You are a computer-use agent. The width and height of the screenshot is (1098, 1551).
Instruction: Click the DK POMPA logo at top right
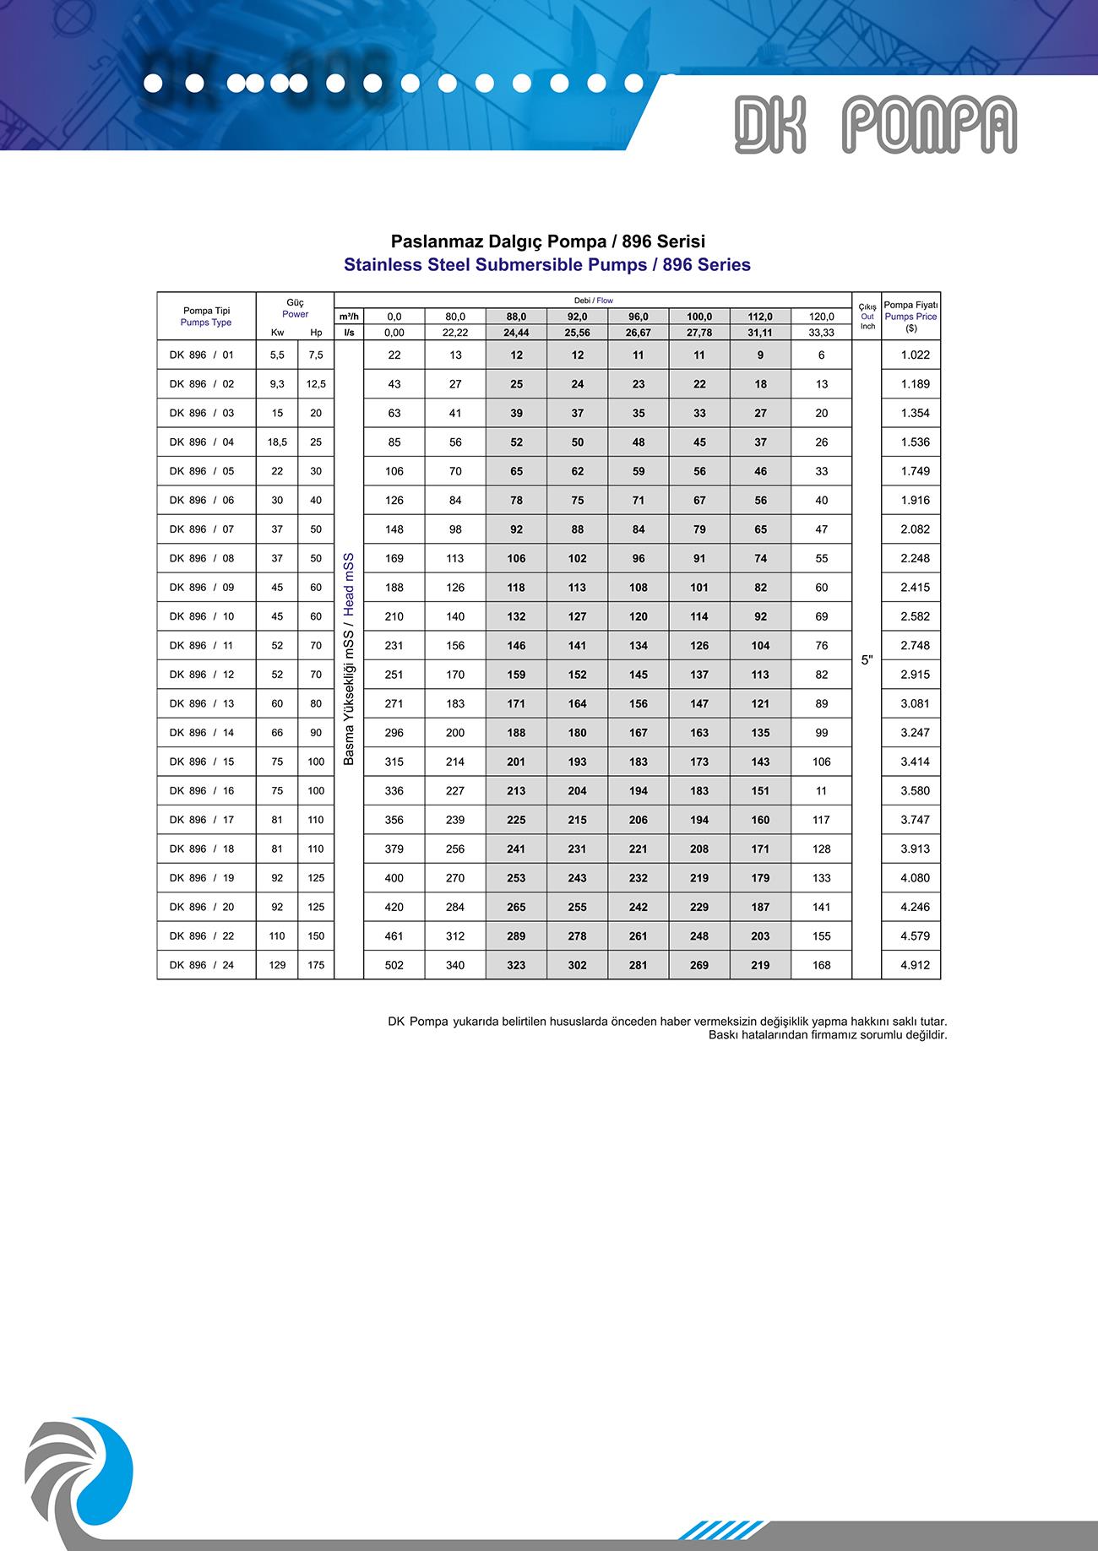[875, 125]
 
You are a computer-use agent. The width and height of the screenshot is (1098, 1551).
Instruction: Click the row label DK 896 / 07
[201, 529]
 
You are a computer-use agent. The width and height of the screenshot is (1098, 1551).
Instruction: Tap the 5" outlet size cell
[867, 660]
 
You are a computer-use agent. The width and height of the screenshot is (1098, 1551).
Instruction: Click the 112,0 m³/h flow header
[760, 317]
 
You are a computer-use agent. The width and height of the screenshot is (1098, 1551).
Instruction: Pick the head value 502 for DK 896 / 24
[394, 965]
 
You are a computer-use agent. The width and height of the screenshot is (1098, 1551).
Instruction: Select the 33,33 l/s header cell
[821, 333]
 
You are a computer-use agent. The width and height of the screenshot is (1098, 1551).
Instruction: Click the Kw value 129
[277, 965]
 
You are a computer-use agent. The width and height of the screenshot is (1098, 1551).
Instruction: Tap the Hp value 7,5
[316, 355]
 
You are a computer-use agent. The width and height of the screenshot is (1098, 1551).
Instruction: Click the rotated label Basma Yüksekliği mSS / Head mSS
[349, 659]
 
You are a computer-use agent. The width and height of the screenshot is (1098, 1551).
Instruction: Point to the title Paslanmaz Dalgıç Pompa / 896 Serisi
[547, 242]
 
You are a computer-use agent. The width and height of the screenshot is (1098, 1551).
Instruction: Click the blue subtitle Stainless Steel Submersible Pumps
[547, 265]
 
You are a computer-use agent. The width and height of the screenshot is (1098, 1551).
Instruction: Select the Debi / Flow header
[593, 301]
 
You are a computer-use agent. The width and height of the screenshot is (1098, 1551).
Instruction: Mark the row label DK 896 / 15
[201, 762]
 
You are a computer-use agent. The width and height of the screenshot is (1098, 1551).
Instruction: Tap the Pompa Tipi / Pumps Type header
[206, 317]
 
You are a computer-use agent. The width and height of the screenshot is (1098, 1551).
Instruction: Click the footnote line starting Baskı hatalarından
[827, 1034]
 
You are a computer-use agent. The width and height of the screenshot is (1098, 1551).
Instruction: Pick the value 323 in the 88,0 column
[516, 965]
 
